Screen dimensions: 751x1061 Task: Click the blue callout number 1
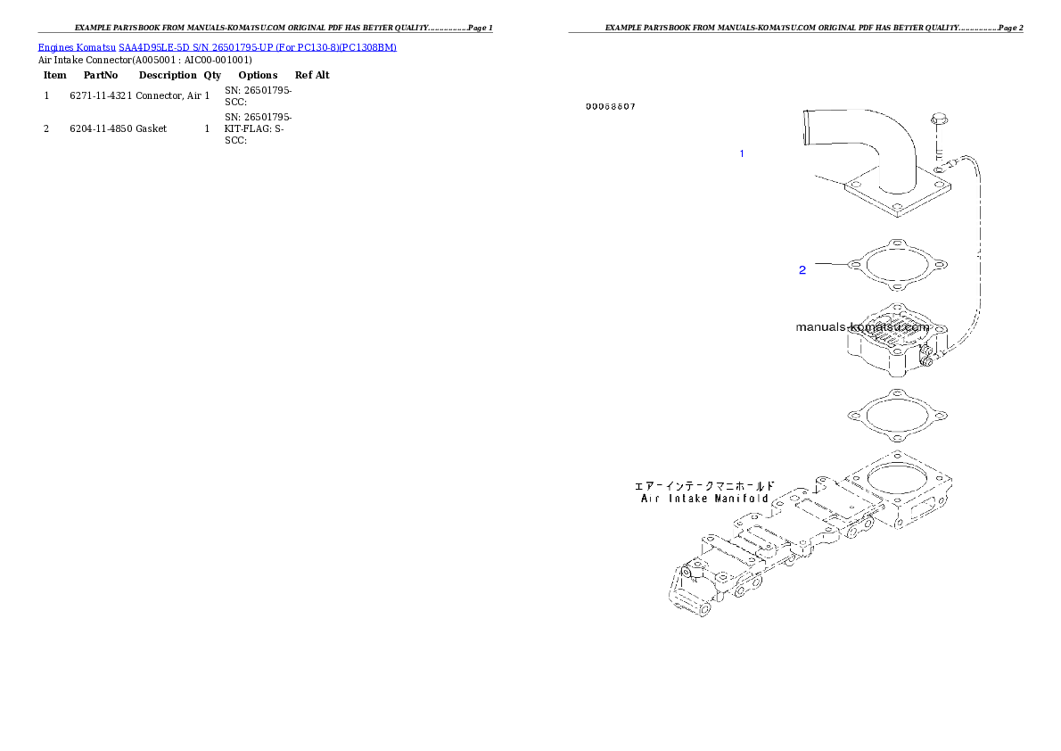(741, 154)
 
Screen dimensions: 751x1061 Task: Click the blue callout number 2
(802, 269)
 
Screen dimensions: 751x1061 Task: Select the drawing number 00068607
(611, 107)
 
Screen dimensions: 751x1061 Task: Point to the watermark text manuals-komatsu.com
(862, 326)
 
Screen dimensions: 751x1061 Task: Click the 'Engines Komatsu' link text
(77, 46)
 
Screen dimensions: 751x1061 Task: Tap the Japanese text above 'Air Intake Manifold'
(704, 486)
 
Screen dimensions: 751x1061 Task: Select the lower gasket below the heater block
(897, 417)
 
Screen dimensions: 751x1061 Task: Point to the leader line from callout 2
(829, 264)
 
